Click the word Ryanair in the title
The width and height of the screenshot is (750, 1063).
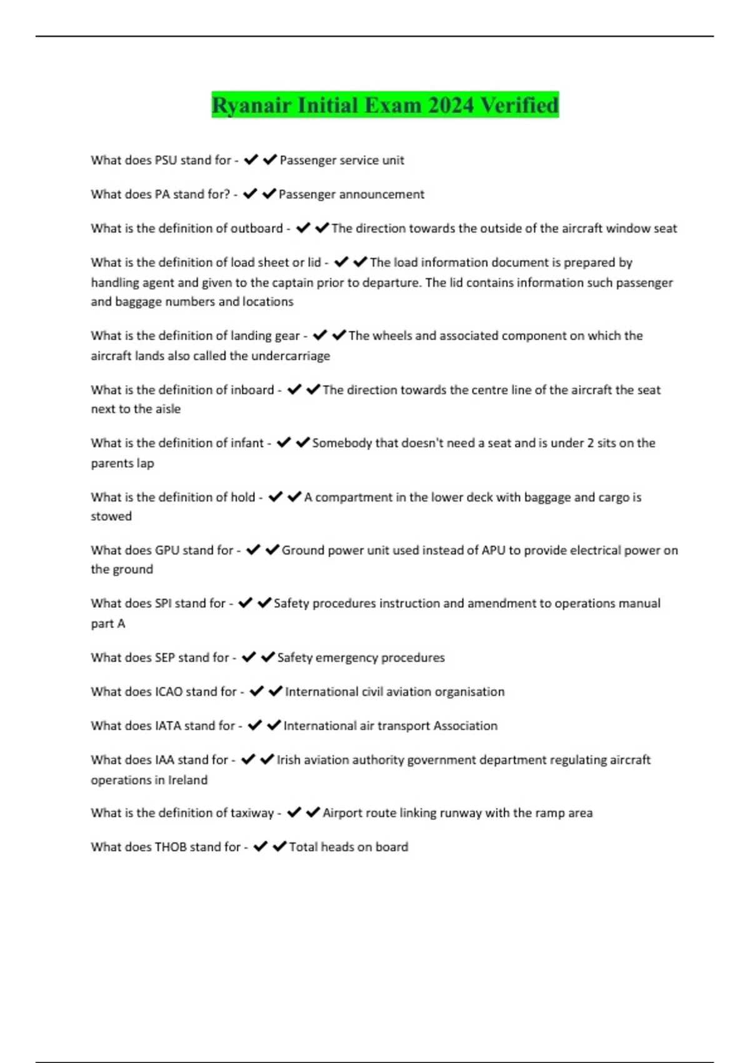tap(252, 105)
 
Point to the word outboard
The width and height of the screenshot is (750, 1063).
tap(256, 228)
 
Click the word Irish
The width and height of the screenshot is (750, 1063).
tap(288, 760)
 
